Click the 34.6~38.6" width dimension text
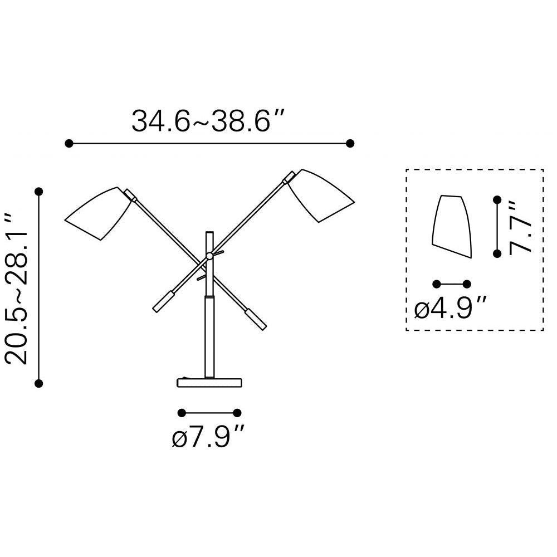208,121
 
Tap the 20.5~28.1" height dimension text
16,288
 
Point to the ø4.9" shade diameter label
451,307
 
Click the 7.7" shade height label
520,228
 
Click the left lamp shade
99,213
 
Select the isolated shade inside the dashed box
452,226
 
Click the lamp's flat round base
209,383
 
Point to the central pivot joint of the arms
209,256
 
